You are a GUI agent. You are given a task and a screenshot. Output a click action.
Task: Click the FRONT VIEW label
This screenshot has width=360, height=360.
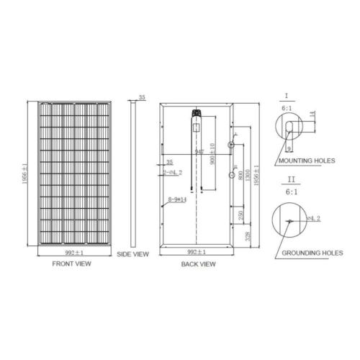tap(71, 264)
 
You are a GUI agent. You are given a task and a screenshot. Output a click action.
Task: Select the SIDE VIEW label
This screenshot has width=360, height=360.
tap(132, 254)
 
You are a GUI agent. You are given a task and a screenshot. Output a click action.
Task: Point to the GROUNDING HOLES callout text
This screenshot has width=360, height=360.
tap(312, 253)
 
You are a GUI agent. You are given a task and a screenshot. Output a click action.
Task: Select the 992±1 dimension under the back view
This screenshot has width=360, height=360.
tap(197, 252)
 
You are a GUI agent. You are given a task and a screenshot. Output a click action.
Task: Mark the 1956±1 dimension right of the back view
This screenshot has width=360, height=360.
tap(256, 173)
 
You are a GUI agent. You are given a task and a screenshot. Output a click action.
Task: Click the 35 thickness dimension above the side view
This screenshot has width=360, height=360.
tap(142, 96)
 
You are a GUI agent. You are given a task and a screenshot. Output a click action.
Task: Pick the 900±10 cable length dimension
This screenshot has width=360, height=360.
tap(211, 154)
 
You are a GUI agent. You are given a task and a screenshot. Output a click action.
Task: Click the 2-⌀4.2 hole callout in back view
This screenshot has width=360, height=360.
tap(173, 173)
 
